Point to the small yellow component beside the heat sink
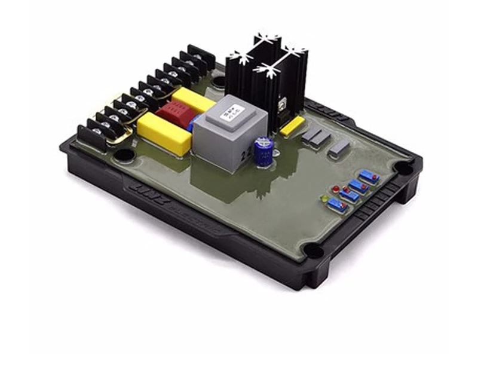pos(292,126)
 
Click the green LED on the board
pos(324,198)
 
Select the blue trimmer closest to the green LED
pos(338,205)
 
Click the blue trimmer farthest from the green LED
pos(369,176)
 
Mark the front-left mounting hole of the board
pos(124,155)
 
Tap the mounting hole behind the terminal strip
pos(219,81)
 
